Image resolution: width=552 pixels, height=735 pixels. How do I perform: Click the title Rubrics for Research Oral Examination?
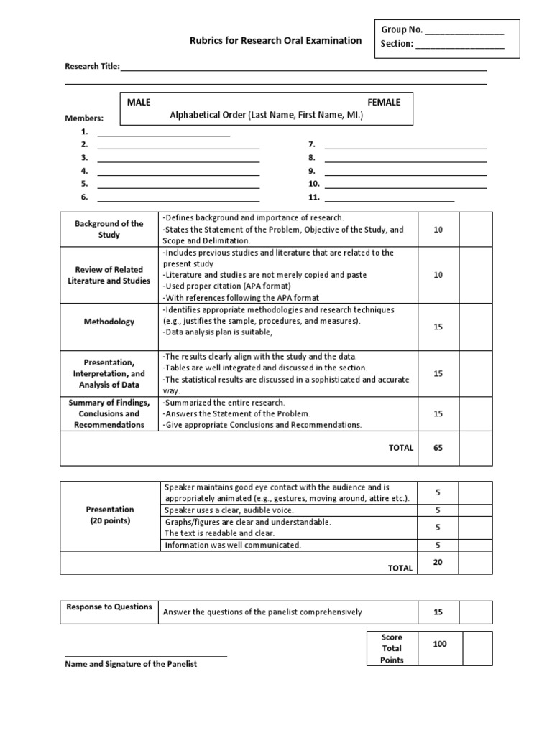[x=276, y=41]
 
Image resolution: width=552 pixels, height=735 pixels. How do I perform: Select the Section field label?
[x=397, y=45]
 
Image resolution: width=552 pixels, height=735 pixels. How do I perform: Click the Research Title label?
[x=93, y=67]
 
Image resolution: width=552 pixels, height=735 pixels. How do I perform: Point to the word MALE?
[x=139, y=103]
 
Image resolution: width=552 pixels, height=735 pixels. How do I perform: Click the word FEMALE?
[x=384, y=103]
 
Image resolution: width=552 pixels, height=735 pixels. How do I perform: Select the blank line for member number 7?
[x=406, y=146]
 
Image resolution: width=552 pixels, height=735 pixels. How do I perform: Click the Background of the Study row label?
[x=109, y=230]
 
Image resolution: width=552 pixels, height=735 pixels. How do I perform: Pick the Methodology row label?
[x=109, y=322]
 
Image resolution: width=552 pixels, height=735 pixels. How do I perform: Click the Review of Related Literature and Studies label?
[x=109, y=275]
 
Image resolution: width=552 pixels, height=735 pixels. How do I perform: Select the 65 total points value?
[x=438, y=447]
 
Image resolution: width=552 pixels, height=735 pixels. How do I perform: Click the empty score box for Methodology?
[x=476, y=322]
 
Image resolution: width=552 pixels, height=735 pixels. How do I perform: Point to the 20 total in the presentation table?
[x=438, y=563]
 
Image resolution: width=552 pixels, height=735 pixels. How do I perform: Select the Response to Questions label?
[x=109, y=607]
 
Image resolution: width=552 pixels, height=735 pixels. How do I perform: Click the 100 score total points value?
[x=439, y=644]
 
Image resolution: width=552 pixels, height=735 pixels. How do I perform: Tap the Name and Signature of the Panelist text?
[x=131, y=664]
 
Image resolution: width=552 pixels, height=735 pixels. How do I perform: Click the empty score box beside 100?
[x=477, y=648]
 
